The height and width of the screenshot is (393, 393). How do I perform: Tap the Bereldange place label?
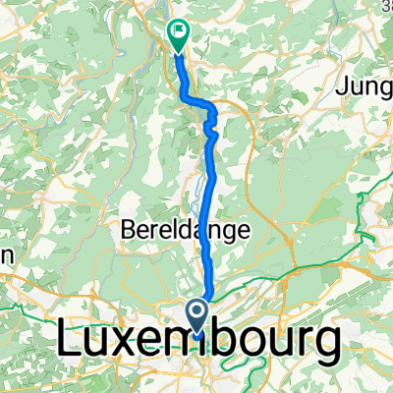pyautogui.click(x=186, y=230)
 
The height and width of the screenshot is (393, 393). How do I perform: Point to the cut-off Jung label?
pyautogui.click(x=364, y=87)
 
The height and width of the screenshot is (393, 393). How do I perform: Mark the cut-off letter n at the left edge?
pyautogui.click(x=5, y=253)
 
